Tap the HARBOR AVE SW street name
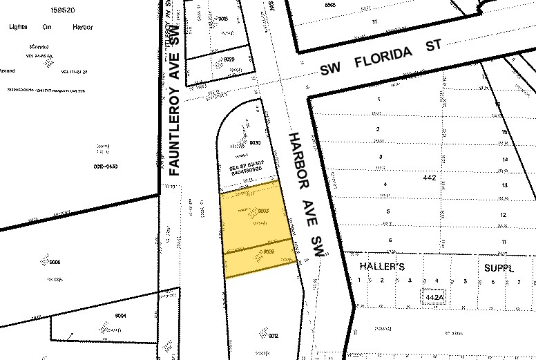tap(307, 194)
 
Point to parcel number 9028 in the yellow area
tap(270, 252)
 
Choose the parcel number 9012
tap(273, 336)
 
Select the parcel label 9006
tap(55, 263)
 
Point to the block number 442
tap(430, 178)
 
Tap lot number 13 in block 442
tap(505, 186)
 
